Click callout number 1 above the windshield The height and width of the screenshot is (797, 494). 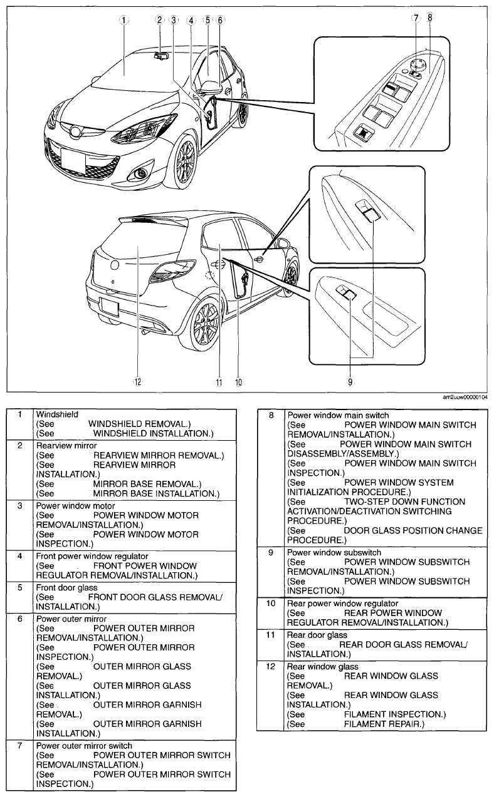click(124, 20)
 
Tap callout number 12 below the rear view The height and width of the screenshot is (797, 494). click(138, 382)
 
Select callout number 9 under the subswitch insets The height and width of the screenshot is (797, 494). click(350, 382)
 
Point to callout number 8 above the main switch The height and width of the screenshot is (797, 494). click(430, 18)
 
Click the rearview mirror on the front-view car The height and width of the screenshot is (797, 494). click(162, 56)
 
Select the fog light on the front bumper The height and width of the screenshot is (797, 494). click(141, 173)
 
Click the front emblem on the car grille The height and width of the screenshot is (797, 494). click(76, 131)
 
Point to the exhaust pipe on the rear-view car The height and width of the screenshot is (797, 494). click(145, 332)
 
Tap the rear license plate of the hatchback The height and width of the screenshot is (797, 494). click(110, 307)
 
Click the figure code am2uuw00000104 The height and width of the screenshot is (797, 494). click(465, 397)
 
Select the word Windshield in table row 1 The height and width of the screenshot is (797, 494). click(57, 414)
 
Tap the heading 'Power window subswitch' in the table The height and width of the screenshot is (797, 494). click(334, 552)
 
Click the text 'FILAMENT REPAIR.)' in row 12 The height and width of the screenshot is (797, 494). click(384, 724)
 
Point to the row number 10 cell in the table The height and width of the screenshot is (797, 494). click(271, 604)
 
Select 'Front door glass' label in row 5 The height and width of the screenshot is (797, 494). click(66, 587)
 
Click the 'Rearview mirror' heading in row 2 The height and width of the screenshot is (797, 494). click(66, 446)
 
